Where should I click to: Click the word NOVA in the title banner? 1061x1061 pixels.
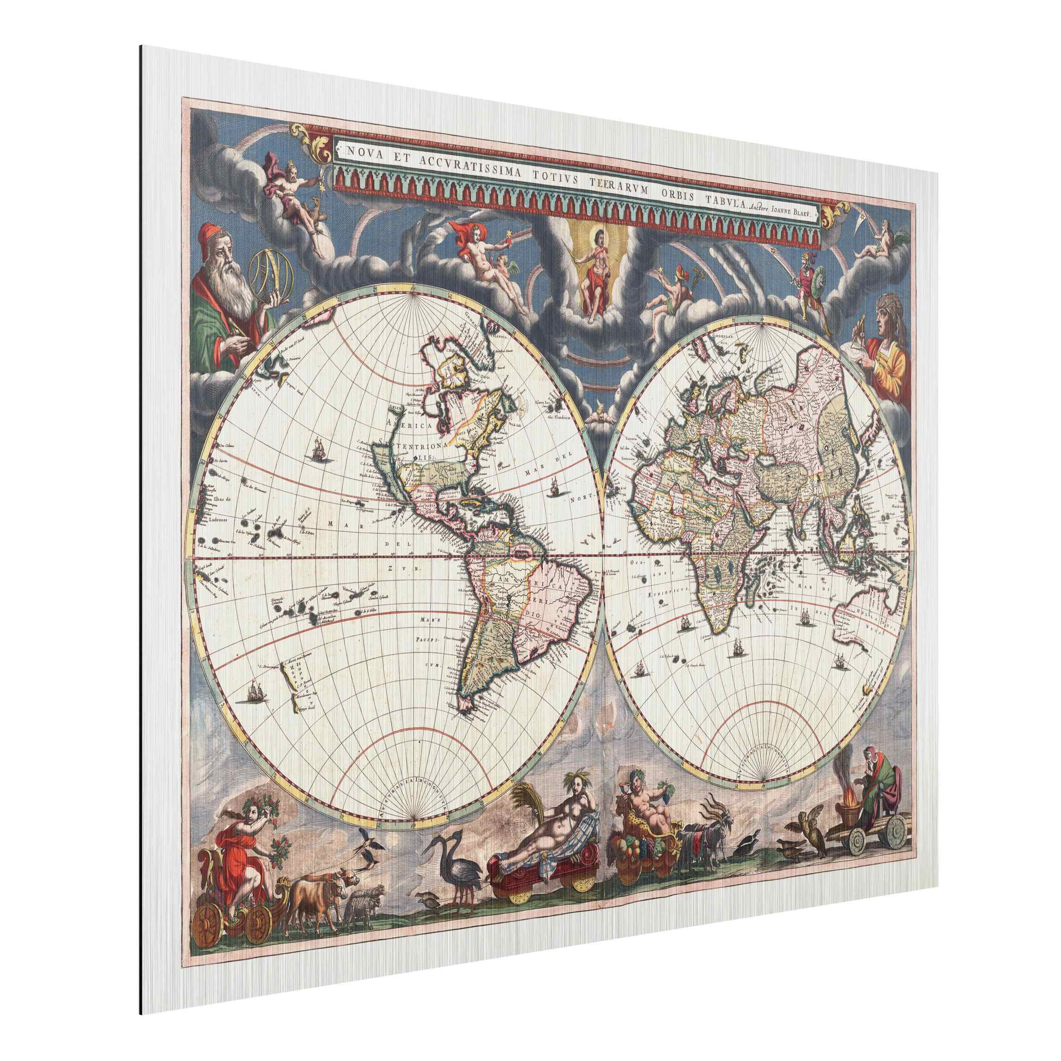coord(358,148)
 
